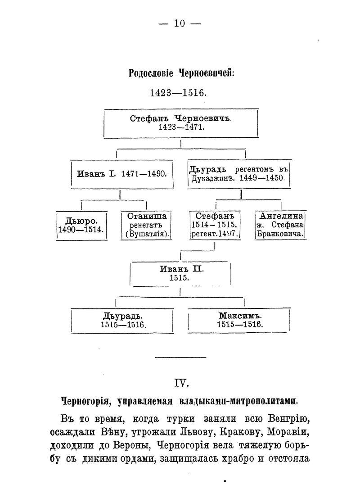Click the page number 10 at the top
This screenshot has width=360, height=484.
coord(180,24)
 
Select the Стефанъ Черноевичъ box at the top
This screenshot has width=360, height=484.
coord(180,123)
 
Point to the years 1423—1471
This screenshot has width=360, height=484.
coord(180,127)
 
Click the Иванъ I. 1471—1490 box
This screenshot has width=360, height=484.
coord(122,174)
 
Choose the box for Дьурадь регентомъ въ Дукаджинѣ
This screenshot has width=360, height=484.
coord(238,174)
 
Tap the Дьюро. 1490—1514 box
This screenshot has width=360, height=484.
coord(81,225)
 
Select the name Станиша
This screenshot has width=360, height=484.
coord(147,216)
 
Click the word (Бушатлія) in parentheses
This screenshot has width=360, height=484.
coord(147,234)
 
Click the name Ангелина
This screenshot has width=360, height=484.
coord(281,216)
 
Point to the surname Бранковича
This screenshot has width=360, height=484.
coord(281,234)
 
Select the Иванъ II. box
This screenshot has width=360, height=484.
coord(180,274)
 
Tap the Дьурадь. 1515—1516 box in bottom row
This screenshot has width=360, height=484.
coord(122,320)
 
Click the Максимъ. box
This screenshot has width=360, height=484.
coord(239,320)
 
